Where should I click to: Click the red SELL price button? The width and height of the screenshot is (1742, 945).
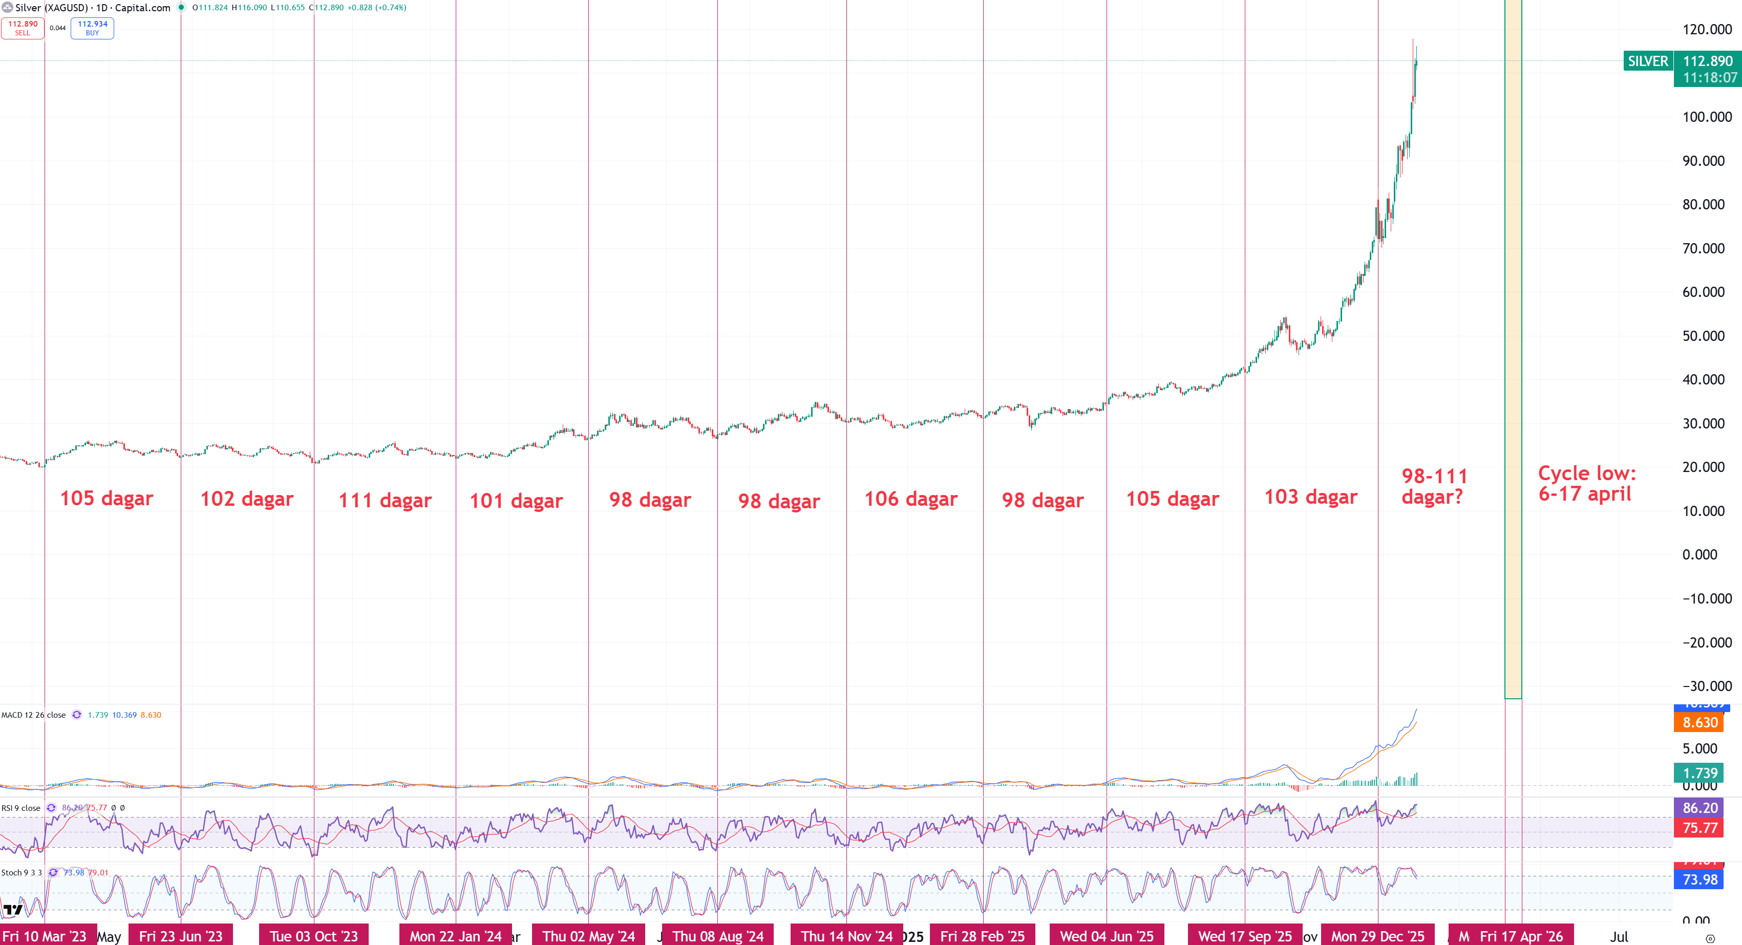[23, 28]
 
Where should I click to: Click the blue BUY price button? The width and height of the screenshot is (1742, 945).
[92, 28]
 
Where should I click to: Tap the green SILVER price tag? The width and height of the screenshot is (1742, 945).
[1647, 61]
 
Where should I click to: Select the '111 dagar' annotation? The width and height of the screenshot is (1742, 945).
[385, 500]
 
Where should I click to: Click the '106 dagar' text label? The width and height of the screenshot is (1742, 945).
[910, 499]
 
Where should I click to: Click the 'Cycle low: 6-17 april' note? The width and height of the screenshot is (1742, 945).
[1586, 483]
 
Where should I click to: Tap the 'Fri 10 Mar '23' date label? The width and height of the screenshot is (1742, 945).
[45, 936]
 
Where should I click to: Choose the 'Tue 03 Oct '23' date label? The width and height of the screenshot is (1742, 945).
[314, 936]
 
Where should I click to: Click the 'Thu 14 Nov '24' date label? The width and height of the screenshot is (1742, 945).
[846, 936]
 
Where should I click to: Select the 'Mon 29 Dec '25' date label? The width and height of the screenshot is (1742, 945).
[1377, 936]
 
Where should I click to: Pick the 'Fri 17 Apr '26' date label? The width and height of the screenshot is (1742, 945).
[1521, 936]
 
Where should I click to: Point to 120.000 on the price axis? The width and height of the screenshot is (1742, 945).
[1707, 29]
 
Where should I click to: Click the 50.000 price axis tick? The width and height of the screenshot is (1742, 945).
[1707, 336]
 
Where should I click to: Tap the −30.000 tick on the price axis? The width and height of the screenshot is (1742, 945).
[1707, 686]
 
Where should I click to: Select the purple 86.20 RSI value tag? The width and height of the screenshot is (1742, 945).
[1700, 808]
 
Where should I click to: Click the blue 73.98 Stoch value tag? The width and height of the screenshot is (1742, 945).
[1700, 879]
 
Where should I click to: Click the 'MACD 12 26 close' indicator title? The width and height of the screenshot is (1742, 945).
[34, 715]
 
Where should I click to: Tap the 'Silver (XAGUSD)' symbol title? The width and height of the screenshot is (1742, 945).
[51, 8]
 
